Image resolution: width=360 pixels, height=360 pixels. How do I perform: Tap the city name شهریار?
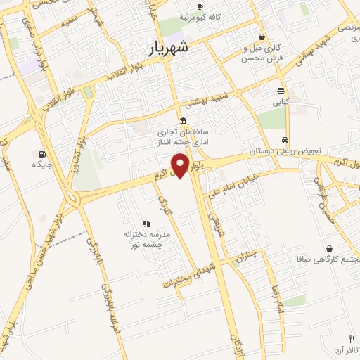(x=169, y=48)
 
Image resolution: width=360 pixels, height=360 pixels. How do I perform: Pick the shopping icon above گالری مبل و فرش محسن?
(x=262, y=37)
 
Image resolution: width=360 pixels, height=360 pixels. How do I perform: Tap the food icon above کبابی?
(x=281, y=91)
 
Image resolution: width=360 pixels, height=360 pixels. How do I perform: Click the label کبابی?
(x=281, y=103)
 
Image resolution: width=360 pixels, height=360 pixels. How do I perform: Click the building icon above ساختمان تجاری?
(x=183, y=120)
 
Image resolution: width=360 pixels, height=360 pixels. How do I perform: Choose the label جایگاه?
(x=42, y=165)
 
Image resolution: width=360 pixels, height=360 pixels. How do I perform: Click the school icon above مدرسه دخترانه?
(x=147, y=223)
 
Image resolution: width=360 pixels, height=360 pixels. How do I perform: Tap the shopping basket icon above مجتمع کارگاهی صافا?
(x=329, y=248)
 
